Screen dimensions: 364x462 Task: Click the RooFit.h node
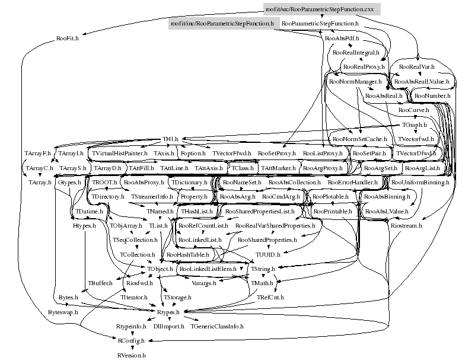pyautogui.click(x=68, y=39)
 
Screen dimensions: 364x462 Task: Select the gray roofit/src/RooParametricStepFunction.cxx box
pyautogui.click(x=319, y=9)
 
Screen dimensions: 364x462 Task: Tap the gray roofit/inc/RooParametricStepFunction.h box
pyautogui.click(x=221, y=24)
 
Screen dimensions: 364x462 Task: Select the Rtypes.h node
pyautogui.click(x=168, y=312)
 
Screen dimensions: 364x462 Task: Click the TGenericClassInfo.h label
pyautogui.click(x=217, y=327)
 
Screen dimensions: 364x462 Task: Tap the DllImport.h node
pyautogui.click(x=168, y=327)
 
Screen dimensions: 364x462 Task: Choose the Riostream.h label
pyautogui.click(x=406, y=226)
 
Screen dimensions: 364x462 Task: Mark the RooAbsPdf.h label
pyautogui.click(x=341, y=39)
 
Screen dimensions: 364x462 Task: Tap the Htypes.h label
pyautogui.click(x=85, y=226)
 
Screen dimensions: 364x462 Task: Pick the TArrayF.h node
pyautogui.click(x=37, y=154)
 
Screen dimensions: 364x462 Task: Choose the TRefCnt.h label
pyautogui.click(x=271, y=298)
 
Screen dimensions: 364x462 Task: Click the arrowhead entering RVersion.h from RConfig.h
pyautogui.click(x=131, y=349)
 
